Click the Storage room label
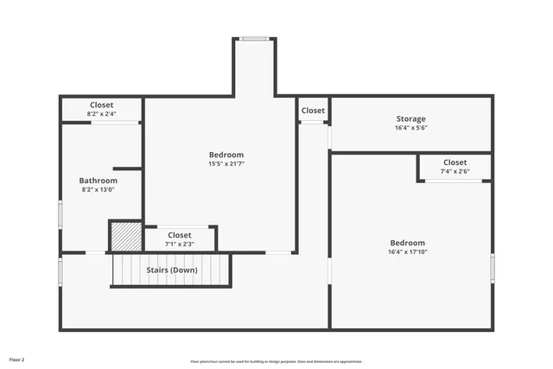410,119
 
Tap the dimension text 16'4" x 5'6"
410,128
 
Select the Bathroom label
98,181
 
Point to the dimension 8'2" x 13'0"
98,190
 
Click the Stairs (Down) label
171,270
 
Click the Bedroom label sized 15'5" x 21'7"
226,155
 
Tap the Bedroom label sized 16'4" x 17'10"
407,243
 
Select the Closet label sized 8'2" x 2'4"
101,105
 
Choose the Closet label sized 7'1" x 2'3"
180,235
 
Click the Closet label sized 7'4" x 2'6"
455,162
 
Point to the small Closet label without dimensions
313,111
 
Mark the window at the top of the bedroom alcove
253,38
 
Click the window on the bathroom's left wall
60,213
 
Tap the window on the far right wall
493,267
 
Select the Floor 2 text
17,359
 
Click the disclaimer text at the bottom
276,361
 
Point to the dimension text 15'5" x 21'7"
226,164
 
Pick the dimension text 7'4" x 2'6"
455,171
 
